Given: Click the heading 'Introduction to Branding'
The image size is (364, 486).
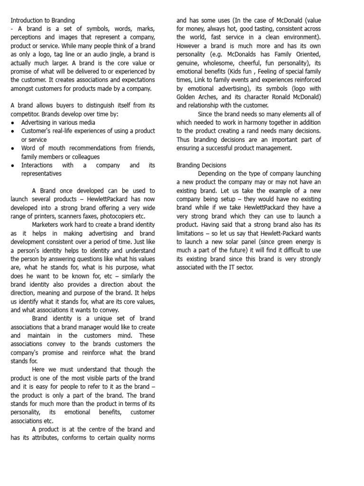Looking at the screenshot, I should (x=43, y=20).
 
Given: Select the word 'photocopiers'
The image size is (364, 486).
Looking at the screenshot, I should (x=106, y=216).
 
